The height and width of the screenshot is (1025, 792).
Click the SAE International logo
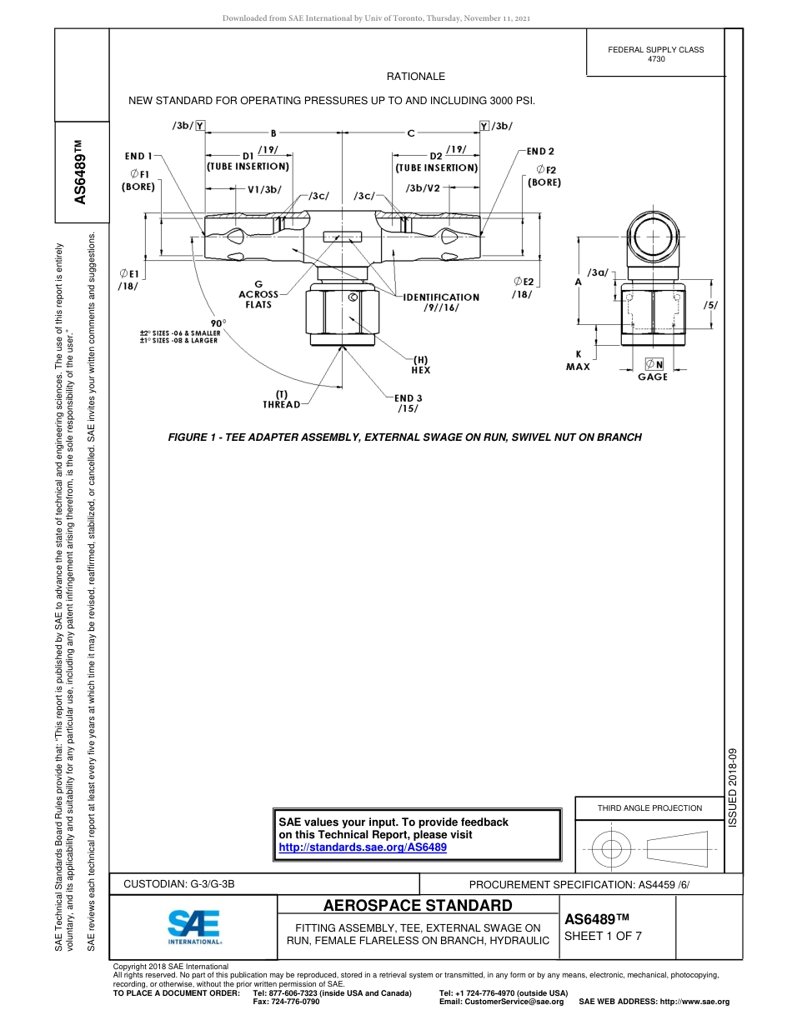(x=193, y=926)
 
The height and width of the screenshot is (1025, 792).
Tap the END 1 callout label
(x=138, y=155)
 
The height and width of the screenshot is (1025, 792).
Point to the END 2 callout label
(x=540, y=152)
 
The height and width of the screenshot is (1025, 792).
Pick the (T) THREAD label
(x=282, y=400)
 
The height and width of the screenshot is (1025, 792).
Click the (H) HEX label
(x=420, y=364)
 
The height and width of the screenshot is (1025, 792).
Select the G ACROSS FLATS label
(x=258, y=294)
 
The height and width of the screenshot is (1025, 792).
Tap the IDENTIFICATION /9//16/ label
(x=441, y=302)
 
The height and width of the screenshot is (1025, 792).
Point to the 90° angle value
(x=218, y=322)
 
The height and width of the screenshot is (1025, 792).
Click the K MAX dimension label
(x=578, y=360)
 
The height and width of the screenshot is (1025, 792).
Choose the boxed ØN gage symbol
(x=654, y=364)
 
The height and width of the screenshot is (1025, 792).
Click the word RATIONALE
(x=415, y=77)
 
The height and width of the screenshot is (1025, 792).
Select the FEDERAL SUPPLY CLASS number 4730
(x=656, y=59)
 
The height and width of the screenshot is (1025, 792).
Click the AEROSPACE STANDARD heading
(x=418, y=906)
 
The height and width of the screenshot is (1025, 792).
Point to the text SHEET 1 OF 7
(x=603, y=935)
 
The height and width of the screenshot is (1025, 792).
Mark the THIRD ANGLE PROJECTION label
(x=649, y=807)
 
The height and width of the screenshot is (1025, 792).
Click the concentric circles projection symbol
(x=612, y=849)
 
